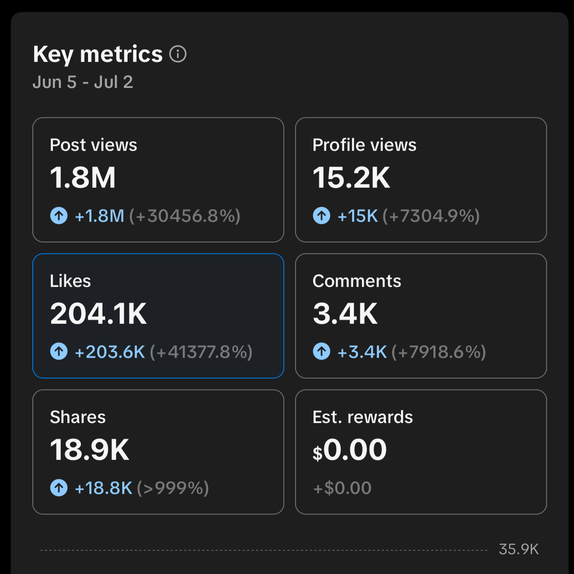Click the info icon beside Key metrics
pos(178,54)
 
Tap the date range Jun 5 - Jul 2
pos(83,82)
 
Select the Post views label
pos(93,145)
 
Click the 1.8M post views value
pos(83,177)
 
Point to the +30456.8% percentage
pos(185,216)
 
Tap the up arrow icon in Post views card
pos(59,215)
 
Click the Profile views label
pos(364,145)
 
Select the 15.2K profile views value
pos(351,177)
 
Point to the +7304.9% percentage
pos(431,216)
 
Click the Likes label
pos(71,281)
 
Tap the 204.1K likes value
pos(98,313)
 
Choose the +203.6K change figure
pos(110,352)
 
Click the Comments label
pos(357,281)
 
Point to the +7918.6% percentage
pos(438,352)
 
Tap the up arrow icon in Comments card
pos(322,352)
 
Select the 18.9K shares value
pos(89,450)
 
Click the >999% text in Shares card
pos(173,488)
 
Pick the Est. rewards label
pos(362,417)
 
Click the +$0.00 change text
pos(342,488)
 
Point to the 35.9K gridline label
pos(519,549)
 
